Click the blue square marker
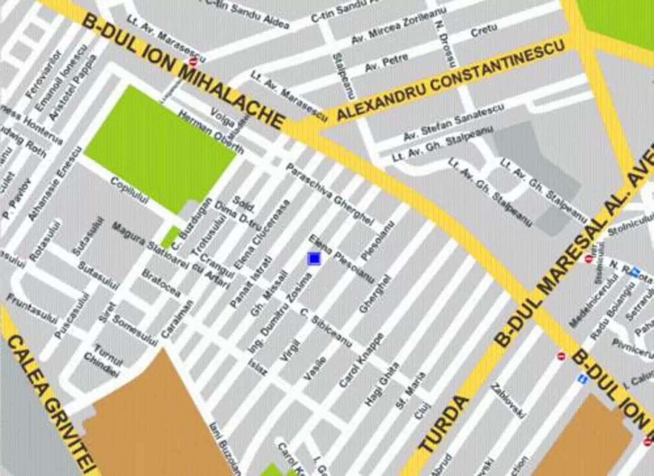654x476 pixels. point(314,258)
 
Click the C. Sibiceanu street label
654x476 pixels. point(326,327)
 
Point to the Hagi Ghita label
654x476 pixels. point(382,384)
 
